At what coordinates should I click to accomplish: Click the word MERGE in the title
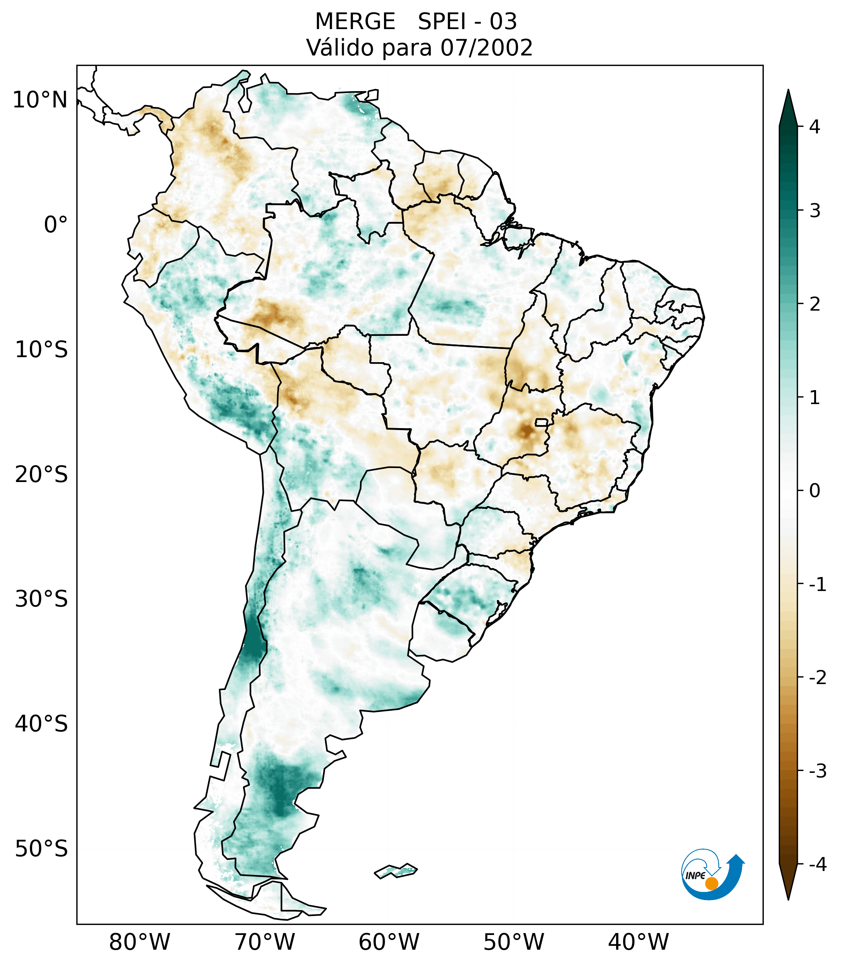click(355, 22)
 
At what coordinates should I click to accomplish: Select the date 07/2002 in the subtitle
click(486, 48)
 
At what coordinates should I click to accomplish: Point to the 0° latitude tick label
click(56, 225)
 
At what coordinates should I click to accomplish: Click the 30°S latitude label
click(41, 599)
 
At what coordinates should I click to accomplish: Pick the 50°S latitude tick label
click(41, 849)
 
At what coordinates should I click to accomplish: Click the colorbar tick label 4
click(815, 127)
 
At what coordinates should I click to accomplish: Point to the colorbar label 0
click(815, 491)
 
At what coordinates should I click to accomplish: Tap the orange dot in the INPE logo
click(711, 883)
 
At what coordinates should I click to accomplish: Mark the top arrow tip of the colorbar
click(788, 91)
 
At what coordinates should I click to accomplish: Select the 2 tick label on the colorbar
click(815, 304)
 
